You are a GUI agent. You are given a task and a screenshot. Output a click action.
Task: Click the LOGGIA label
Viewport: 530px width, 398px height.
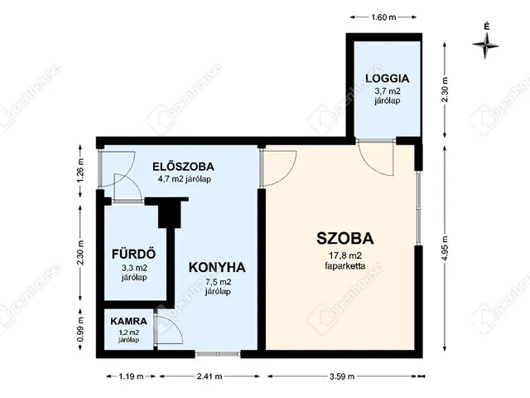coord(388,80)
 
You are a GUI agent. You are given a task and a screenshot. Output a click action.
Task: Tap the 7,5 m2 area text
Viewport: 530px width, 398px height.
coord(218,282)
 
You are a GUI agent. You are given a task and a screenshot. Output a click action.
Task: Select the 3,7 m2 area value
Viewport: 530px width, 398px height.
coord(388,94)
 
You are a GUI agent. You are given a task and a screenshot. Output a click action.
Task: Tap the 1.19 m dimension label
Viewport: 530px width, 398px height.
coord(124,377)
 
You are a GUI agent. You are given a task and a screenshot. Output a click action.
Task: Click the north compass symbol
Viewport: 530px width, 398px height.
coord(486,43)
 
